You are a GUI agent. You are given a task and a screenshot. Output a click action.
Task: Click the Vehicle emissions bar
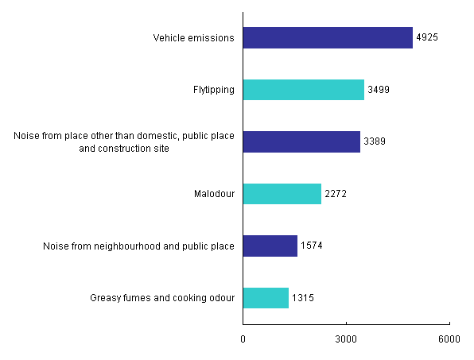(328, 38)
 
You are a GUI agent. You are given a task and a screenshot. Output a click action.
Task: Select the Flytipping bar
(303, 90)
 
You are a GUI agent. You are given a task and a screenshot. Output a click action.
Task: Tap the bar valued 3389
(301, 142)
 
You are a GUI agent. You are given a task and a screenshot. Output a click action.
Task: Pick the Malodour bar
(282, 194)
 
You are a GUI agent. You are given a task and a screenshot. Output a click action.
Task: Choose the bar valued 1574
(270, 246)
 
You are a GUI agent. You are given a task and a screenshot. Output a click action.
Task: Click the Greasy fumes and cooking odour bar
(266, 298)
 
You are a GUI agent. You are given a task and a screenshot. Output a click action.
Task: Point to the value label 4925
(427, 38)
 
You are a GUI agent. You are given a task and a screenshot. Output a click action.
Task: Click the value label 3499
(379, 90)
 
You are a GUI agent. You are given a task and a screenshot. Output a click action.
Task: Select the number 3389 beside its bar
(375, 142)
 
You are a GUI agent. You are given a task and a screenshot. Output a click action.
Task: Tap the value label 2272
(336, 194)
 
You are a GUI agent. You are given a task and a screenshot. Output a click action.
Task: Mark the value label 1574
(312, 246)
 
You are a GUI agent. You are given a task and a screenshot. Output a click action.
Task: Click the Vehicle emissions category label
(193, 38)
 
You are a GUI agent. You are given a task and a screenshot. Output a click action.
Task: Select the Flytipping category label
(214, 90)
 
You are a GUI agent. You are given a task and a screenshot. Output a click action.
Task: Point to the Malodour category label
(214, 194)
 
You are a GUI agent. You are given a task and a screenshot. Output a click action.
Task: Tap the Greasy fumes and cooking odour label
(163, 298)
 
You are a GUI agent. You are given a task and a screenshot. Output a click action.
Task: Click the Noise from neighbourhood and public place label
(138, 246)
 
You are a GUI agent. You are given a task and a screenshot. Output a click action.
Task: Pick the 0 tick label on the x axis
(243, 339)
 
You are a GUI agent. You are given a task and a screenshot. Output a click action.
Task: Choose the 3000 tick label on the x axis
(346, 339)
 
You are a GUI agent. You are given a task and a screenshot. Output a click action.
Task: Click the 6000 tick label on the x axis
(449, 339)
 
